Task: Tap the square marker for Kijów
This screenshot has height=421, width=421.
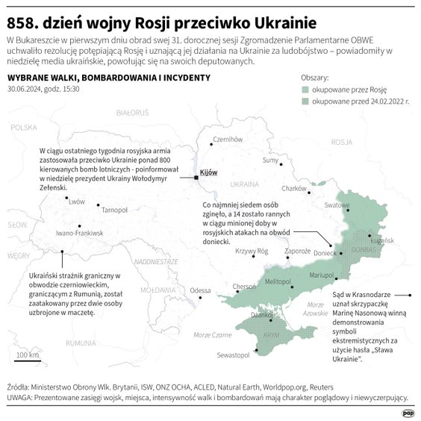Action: (196, 178)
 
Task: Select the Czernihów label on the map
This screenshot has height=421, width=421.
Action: (228, 139)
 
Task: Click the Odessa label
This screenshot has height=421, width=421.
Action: (200, 290)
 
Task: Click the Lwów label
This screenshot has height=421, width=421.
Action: (76, 202)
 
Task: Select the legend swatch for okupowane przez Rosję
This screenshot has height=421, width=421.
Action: (305, 90)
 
